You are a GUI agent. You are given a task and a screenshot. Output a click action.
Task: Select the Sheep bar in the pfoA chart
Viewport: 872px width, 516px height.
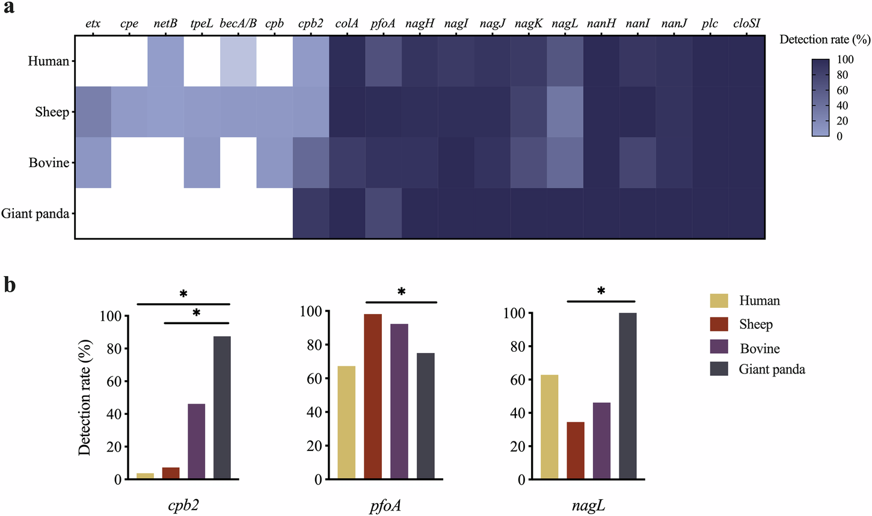[372, 397]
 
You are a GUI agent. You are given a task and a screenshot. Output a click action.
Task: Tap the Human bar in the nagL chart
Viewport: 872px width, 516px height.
[550, 427]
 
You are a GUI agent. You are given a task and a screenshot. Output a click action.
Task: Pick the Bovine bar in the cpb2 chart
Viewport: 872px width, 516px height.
[196, 441]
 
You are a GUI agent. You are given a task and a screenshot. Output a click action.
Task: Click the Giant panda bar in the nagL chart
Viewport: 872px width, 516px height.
[627, 396]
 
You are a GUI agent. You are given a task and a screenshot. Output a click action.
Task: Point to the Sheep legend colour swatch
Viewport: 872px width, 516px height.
[719, 325]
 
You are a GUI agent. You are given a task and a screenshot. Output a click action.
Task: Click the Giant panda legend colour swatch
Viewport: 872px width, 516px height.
[719, 369]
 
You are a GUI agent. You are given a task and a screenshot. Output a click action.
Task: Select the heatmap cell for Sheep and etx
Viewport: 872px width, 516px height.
[93, 112]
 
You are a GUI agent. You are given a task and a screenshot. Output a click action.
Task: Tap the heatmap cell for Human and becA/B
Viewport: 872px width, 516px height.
[238, 61]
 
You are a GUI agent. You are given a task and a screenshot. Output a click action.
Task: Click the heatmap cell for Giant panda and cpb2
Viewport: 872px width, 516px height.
[311, 213]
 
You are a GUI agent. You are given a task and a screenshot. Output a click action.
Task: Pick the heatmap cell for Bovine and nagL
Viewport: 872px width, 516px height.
[565, 162]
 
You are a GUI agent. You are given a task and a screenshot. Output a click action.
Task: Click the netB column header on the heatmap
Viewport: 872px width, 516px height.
[165, 24]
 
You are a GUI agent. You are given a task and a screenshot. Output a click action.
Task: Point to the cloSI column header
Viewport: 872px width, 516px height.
[746, 24]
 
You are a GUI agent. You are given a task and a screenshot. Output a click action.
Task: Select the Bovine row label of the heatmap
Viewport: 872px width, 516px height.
[49, 163]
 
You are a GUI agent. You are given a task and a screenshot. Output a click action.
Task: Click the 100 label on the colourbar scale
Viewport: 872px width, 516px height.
[845, 60]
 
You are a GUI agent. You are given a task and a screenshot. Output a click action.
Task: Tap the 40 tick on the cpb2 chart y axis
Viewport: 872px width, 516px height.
[112, 414]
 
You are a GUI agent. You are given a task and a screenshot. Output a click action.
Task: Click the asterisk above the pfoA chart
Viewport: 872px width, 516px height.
[401, 292]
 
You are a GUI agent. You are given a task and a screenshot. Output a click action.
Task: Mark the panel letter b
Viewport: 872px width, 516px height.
[10, 285]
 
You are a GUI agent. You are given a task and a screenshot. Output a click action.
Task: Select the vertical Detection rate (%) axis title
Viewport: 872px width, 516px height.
[85, 397]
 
